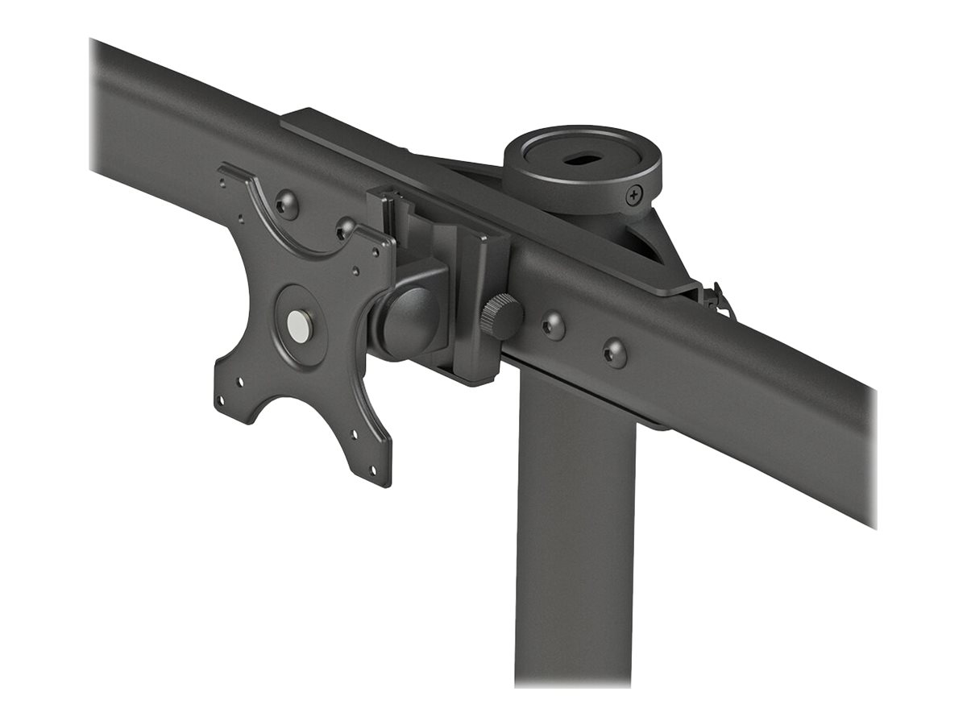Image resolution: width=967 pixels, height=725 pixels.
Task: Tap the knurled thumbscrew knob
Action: tap(501, 317)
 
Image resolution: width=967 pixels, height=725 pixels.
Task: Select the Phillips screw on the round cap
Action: tap(635, 193)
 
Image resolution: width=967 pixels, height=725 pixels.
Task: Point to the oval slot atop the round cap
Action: tap(578, 159)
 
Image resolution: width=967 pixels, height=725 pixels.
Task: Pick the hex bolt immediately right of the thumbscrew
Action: tap(553, 325)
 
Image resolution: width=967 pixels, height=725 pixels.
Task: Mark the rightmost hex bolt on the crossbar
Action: tap(615, 352)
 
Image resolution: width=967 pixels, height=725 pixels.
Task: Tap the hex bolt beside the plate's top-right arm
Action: tap(346, 229)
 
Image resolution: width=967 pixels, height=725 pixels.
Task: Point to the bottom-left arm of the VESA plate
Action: tap(234, 395)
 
